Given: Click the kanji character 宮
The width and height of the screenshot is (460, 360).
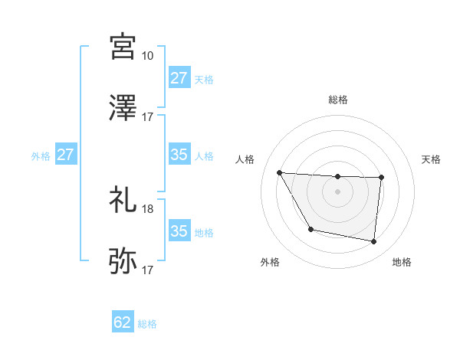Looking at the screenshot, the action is click(x=123, y=47).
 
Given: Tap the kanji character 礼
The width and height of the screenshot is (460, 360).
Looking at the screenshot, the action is click(x=123, y=200).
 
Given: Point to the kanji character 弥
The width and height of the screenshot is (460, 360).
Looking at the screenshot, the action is click(x=123, y=261).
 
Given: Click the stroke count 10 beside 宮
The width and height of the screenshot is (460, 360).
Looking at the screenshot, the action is click(x=147, y=55).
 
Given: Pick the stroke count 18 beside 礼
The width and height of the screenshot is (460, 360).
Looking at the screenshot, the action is click(x=147, y=208).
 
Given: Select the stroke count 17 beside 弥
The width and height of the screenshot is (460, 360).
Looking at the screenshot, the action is click(x=147, y=270).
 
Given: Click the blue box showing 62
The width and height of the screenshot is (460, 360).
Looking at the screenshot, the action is click(x=123, y=322).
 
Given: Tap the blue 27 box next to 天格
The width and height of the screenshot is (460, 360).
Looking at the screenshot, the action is click(x=179, y=78).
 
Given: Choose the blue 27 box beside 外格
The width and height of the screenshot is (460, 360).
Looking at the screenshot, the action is click(x=65, y=155).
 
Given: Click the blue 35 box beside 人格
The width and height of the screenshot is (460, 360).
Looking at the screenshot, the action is click(x=179, y=155).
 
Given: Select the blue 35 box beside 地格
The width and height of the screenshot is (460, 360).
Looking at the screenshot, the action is click(x=179, y=231).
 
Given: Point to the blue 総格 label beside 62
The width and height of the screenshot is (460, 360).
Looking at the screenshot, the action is click(x=147, y=324).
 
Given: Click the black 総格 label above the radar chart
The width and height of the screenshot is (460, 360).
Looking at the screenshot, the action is click(x=337, y=100).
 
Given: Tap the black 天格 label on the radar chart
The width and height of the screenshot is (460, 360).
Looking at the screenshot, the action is click(x=432, y=159).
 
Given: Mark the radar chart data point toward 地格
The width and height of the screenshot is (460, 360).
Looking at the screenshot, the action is click(x=374, y=242).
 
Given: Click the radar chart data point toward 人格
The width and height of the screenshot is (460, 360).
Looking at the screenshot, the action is click(x=279, y=172).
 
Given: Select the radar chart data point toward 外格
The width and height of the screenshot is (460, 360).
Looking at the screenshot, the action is click(x=310, y=229).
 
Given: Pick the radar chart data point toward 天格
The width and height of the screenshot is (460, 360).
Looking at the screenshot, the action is click(x=381, y=178).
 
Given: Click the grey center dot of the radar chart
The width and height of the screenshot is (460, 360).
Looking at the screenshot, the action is click(x=337, y=191).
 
